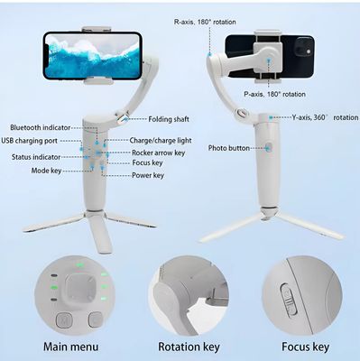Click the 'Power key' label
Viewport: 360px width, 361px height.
pyautogui.click(x=148, y=176)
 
